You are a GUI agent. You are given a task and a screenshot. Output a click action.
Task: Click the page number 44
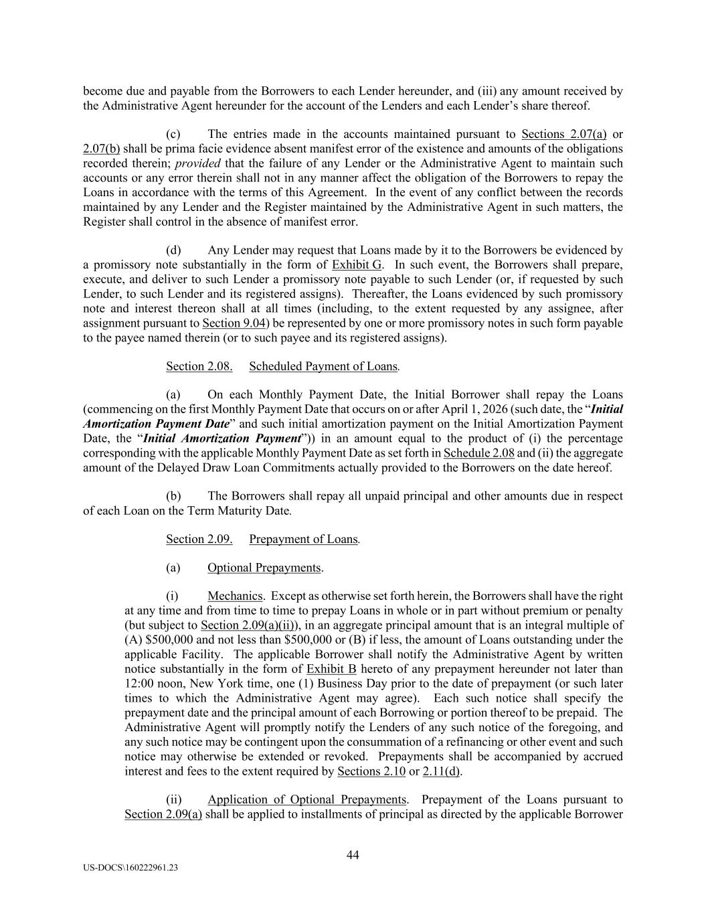tap(353, 854)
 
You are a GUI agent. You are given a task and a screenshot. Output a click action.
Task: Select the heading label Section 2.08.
tap(199, 366)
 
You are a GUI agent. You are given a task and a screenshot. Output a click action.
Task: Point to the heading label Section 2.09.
tap(199, 539)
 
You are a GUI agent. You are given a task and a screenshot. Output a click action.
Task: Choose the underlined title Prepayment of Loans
tap(304, 539)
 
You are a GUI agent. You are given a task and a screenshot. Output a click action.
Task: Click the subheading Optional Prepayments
tap(264, 568)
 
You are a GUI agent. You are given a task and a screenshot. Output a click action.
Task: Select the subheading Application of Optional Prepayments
tap(306, 799)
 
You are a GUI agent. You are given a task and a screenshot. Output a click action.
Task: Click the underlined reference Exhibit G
tap(357, 264)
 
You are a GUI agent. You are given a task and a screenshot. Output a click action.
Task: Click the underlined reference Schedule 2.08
tap(478, 453)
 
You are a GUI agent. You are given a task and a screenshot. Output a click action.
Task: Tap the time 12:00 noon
tap(157, 684)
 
